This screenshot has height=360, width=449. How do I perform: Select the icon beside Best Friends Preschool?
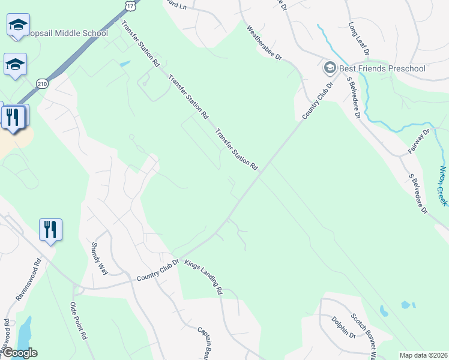coord(329,68)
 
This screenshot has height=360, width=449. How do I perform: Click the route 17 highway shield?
coord(131,5)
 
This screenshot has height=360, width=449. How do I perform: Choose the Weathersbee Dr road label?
coord(264,42)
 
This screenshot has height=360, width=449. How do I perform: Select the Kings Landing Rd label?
coord(204,277)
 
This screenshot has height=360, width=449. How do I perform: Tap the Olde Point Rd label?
coord(79,322)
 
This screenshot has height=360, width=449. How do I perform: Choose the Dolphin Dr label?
coord(343,328)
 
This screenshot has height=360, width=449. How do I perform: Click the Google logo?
coord(19,353)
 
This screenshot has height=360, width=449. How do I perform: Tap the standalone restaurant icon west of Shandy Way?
coord(50,229)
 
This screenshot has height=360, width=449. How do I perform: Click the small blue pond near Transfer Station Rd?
coord(124,64)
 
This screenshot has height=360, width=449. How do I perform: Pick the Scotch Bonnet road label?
coord(363,336)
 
